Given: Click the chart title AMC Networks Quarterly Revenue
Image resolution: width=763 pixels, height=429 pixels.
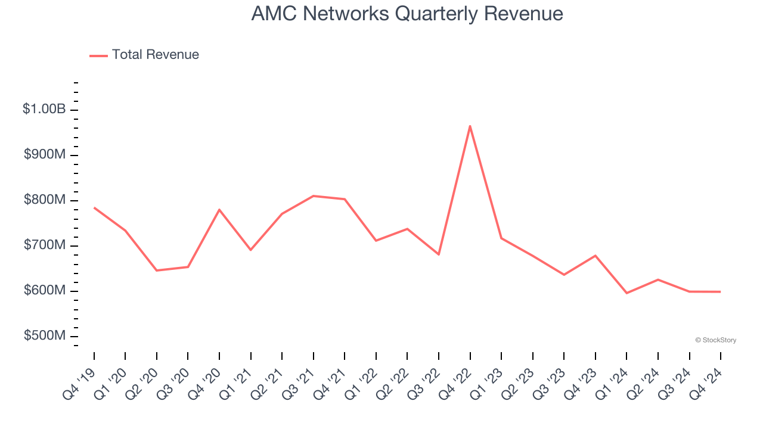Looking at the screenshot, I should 407,14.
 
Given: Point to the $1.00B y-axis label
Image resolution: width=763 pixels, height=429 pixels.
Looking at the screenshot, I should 44,110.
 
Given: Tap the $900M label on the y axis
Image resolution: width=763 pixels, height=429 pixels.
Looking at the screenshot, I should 45,155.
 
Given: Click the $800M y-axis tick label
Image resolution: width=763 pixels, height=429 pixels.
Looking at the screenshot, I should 45,200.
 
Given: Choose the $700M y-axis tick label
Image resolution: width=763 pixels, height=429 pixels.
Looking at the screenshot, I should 45,245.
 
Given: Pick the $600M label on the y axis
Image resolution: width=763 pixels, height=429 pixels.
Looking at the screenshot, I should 45,291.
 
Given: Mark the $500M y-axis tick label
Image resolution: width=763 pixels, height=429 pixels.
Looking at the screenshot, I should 45,336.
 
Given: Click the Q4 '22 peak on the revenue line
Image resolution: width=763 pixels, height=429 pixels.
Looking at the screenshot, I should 470,126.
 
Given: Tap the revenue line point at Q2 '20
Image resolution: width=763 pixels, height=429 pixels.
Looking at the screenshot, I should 157,271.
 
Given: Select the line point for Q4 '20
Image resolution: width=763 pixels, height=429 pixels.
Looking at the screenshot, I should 219,210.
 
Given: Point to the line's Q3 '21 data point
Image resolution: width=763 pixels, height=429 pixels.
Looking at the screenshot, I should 314,196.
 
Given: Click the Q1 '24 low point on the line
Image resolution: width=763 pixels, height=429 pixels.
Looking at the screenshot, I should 626,293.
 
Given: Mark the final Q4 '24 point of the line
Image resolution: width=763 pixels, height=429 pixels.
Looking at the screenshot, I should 720,292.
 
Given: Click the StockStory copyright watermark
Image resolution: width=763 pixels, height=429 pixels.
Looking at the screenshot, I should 715,340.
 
